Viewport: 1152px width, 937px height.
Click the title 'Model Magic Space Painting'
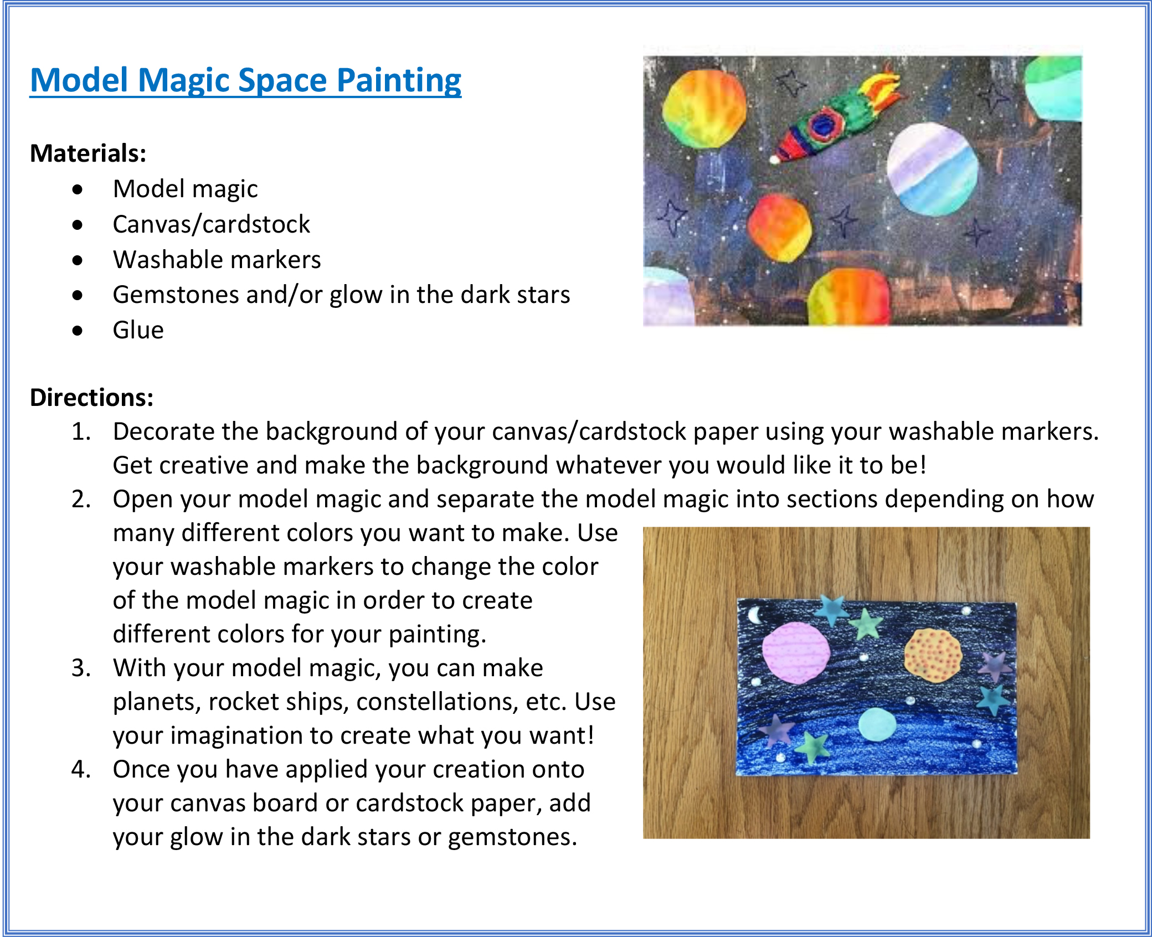(x=245, y=81)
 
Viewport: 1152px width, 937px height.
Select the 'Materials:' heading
(x=88, y=153)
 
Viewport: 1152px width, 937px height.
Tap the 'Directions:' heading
(x=91, y=398)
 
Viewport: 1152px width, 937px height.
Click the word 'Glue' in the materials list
(x=138, y=331)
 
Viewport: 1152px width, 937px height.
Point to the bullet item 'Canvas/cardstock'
(x=211, y=225)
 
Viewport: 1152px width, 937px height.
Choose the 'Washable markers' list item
(x=217, y=260)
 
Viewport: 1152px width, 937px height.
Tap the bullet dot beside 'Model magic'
(x=78, y=190)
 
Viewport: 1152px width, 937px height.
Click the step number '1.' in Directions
(x=81, y=432)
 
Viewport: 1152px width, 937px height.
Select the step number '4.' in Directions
(x=81, y=770)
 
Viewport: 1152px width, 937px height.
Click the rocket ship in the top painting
(x=831, y=119)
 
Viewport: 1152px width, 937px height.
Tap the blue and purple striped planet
(x=932, y=169)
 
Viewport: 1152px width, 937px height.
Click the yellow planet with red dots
(x=933, y=655)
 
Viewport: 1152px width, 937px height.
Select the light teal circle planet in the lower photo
(x=877, y=724)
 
